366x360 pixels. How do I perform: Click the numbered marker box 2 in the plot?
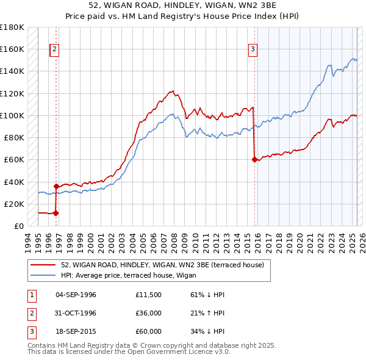[55, 49]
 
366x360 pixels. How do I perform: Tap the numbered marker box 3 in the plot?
[253, 49]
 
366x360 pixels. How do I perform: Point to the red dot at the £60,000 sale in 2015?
[254, 160]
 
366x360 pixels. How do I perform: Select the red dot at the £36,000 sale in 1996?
[56, 186]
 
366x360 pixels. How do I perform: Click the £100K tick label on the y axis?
[12, 115]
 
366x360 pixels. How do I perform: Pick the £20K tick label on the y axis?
[14, 204]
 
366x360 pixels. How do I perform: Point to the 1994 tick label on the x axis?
[27, 242]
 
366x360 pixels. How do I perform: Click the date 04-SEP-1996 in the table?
[76, 295]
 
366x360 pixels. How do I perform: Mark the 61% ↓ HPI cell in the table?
[207, 295]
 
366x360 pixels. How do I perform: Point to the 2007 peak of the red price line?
[172, 91]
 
